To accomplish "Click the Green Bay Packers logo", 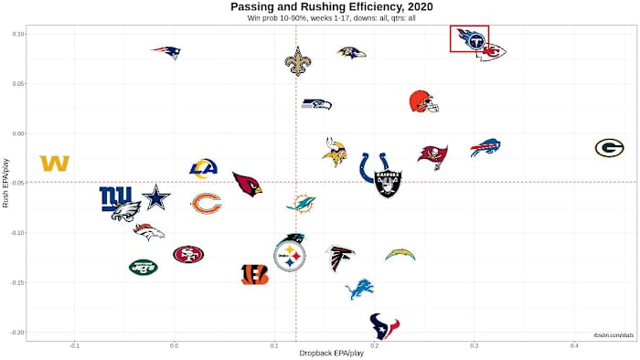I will click(609, 148).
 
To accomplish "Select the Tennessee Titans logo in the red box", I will click(470, 39).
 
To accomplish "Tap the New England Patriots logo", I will click(166, 52).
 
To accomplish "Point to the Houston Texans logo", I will click(384, 325).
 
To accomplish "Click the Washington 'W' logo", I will click(55, 164).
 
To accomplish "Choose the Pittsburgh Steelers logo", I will click(290, 256).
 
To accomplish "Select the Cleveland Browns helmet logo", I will click(423, 101).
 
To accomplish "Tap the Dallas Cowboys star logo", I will click(156, 196).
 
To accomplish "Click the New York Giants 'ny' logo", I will click(116, 197).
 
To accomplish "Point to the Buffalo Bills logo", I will click(485, 148).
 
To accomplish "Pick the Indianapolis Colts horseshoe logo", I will click(370, 167).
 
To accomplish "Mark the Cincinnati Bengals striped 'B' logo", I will click(255, 274).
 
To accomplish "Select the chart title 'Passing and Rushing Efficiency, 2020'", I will click(319, 7).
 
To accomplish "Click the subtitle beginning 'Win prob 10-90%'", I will click(319, 18).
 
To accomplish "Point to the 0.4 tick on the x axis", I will click(574, 344).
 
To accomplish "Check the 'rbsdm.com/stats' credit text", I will click(613, 336).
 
